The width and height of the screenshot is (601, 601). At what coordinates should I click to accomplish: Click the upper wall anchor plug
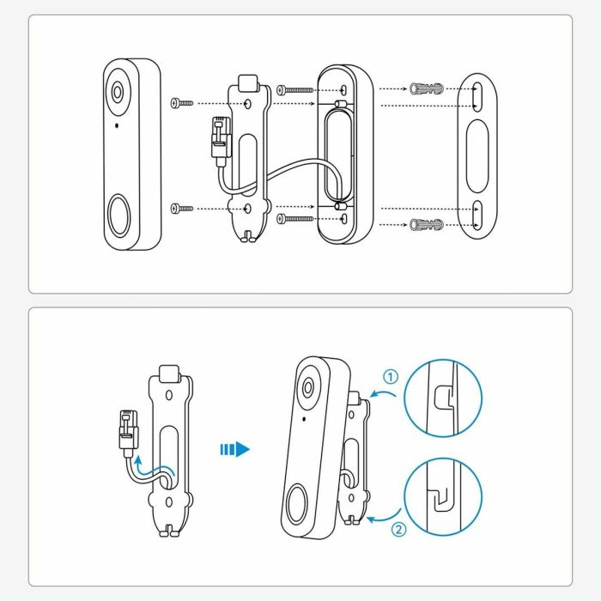click(428, 89)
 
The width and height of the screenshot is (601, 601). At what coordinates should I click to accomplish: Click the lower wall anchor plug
click(428, 225)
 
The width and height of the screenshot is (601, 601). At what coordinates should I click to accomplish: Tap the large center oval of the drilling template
click(477, 157)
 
